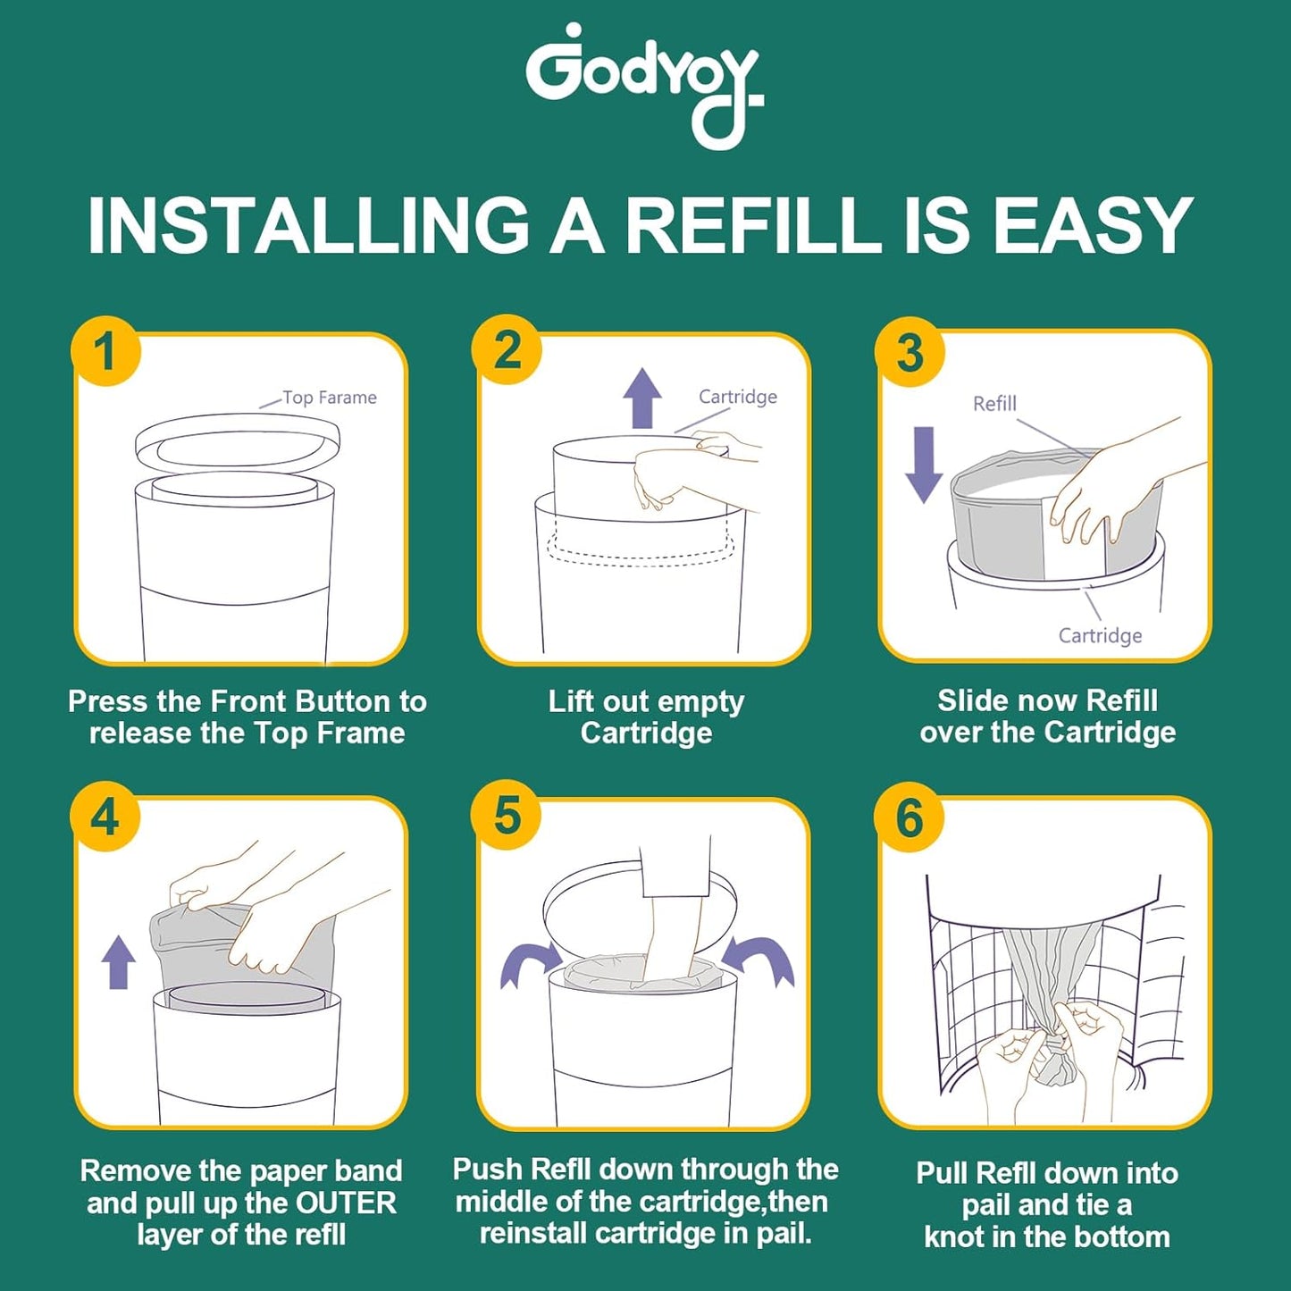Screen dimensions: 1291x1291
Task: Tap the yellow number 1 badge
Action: point(105,350)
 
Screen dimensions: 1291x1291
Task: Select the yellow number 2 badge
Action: point(507,349)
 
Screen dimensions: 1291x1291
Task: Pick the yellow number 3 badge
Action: point(910,352)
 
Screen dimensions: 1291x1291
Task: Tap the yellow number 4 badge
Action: point(105,817)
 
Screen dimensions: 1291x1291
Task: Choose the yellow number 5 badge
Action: point(507,816)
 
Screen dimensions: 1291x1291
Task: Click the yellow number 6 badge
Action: point(910,817)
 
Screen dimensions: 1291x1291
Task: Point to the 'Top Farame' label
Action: point(329,398)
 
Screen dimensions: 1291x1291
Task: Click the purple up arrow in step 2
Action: point(641,398)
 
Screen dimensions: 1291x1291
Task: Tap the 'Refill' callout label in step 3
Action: point(994,404)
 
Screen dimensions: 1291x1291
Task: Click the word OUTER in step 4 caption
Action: point(346,1203)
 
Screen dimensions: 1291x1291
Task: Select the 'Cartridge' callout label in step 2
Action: point(737,397)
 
